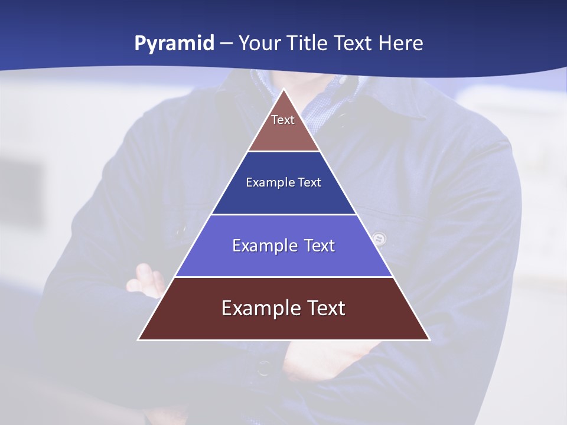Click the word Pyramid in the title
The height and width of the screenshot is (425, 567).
(x=174, y=44)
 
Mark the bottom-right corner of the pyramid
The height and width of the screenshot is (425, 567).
(x=429, y=339)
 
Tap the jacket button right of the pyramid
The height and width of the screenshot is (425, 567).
(x=380, y=239)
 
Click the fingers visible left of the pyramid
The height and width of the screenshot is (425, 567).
(x=146, y=280)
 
